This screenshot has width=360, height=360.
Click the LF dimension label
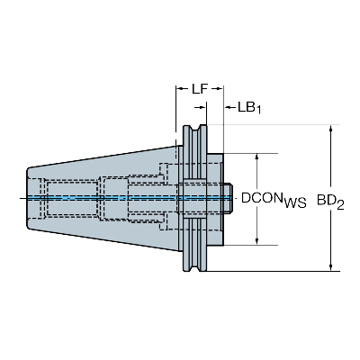[x=201, y=88]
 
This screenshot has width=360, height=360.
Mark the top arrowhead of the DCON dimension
[x=259, y=157]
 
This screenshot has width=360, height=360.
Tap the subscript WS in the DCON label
[x=293, y=203]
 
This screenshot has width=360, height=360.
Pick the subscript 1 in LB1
[x=258, y=111]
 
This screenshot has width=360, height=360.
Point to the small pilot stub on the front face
[x=231, y=197]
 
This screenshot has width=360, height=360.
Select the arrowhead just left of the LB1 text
[x=225, y=107]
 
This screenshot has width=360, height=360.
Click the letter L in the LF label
[x=195, y=88]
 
